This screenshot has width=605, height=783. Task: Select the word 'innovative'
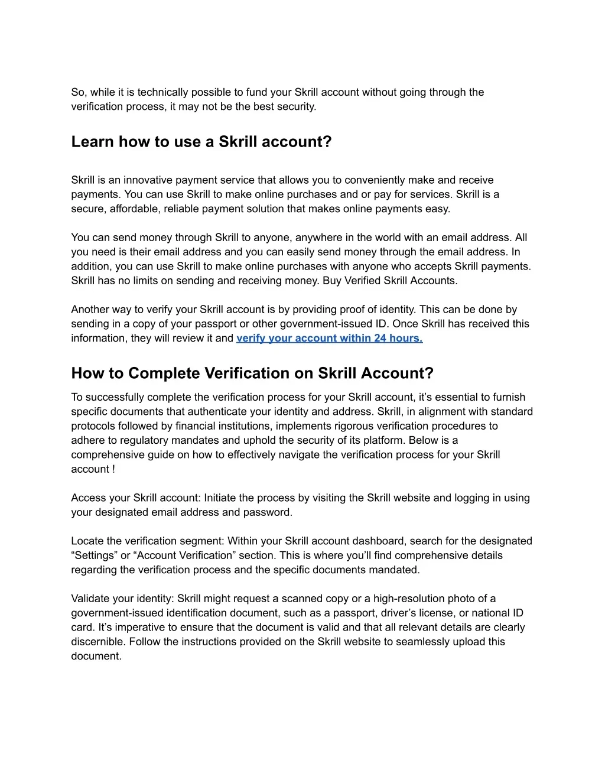[149, 180]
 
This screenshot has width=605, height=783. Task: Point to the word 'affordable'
[134, 209]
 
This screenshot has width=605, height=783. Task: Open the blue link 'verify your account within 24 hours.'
[329, 339]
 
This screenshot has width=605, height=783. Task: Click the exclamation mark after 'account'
[113, 469]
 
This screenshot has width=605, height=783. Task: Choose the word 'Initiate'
[220, 498]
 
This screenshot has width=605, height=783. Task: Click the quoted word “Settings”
[95, 555]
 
